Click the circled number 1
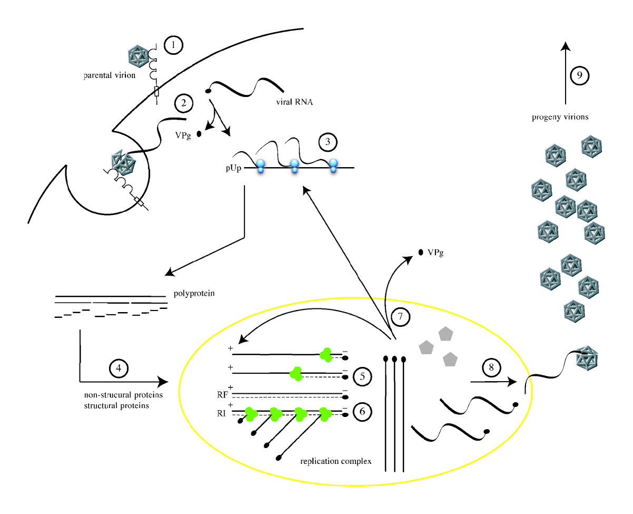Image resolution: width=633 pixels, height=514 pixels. pyautogui.click(x=173, y=45)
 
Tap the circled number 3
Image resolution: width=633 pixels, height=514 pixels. pyautogui.click(x=328, y=142)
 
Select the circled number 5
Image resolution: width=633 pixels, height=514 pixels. pyautogui.click(x=362, y=376)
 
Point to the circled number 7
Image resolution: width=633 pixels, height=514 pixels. pyautogui.click(x=400, y=316)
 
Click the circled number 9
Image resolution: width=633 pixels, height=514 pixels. pyautogui.click(x=579, y=75)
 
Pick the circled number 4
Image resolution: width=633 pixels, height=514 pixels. pyautogui.click(x=118, y=368)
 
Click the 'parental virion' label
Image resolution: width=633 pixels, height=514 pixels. pyautogui.click(x=110, y=75)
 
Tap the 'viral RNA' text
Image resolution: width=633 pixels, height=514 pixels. pyautogui.click(x=294, y=102)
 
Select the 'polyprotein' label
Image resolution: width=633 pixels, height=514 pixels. pyautogui.click(x=194, y=294)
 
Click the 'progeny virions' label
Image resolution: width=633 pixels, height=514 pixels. pyautogui.click(x=560, y=117)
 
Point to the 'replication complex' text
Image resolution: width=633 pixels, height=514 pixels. pyautogui.click(x=336, y=461)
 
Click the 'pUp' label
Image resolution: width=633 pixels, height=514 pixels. pyautogui.click(x=233, y=168)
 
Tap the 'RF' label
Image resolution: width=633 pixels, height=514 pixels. pyautogui.click(x=222, y=395)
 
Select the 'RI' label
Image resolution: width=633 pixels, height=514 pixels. pyautogui.click(x=221, y=413)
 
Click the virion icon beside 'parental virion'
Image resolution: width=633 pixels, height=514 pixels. pyautogui.click(x=138, y=56)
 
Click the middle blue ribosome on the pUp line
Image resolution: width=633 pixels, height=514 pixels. pyautogui.click(x=294, y=166)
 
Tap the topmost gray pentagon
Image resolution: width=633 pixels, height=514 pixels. pyautogui.click(x=446, y=334)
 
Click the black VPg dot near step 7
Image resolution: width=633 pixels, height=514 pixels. pyautogui.click(x=421, y=252)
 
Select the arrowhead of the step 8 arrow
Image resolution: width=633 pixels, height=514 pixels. pyautogui.click(x=512, y=382)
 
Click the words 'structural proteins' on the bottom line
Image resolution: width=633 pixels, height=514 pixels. pyautogui.click(x=116, y=406)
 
